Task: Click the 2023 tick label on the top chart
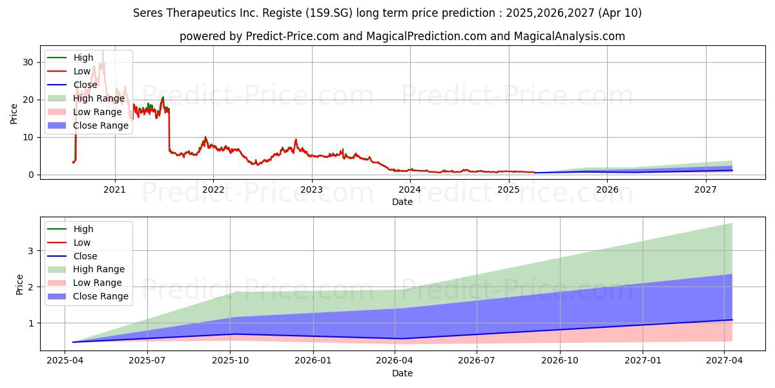[x=311, y=189]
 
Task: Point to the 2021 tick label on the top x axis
[x=115, y=189]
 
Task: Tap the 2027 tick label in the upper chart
[x=705, y=189]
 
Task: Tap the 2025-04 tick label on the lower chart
[x=66, y=360]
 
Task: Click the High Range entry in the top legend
[x=98, y=98]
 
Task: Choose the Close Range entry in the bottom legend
[x=101, y=296]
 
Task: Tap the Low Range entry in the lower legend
[x=98, y=283]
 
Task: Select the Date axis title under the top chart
[x=402, y=202]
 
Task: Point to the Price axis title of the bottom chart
[x=19, y=285]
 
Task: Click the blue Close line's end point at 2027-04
[x=732, y=319]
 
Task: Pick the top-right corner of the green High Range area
[x=732, y=223]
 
